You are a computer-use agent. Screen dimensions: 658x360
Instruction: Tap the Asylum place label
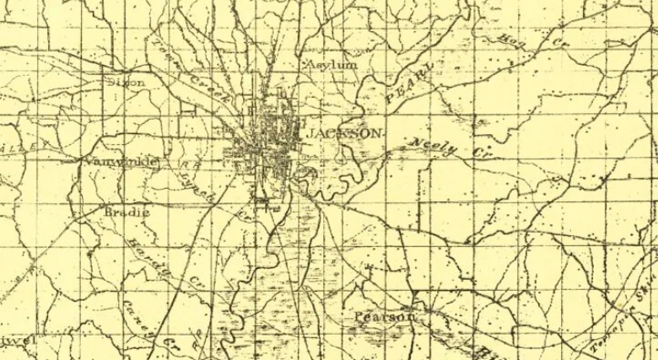[x=331, y=64]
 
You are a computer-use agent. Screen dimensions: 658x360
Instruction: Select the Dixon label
[x=127, y=83]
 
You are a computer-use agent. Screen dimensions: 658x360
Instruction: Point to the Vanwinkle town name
[x=115, y=161]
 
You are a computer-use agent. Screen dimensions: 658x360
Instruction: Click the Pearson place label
[x=384, y=318]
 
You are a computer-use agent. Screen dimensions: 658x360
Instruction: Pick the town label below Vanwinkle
[x=127, y=212]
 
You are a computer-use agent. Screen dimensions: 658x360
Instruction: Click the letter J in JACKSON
[x=310, y=135]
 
